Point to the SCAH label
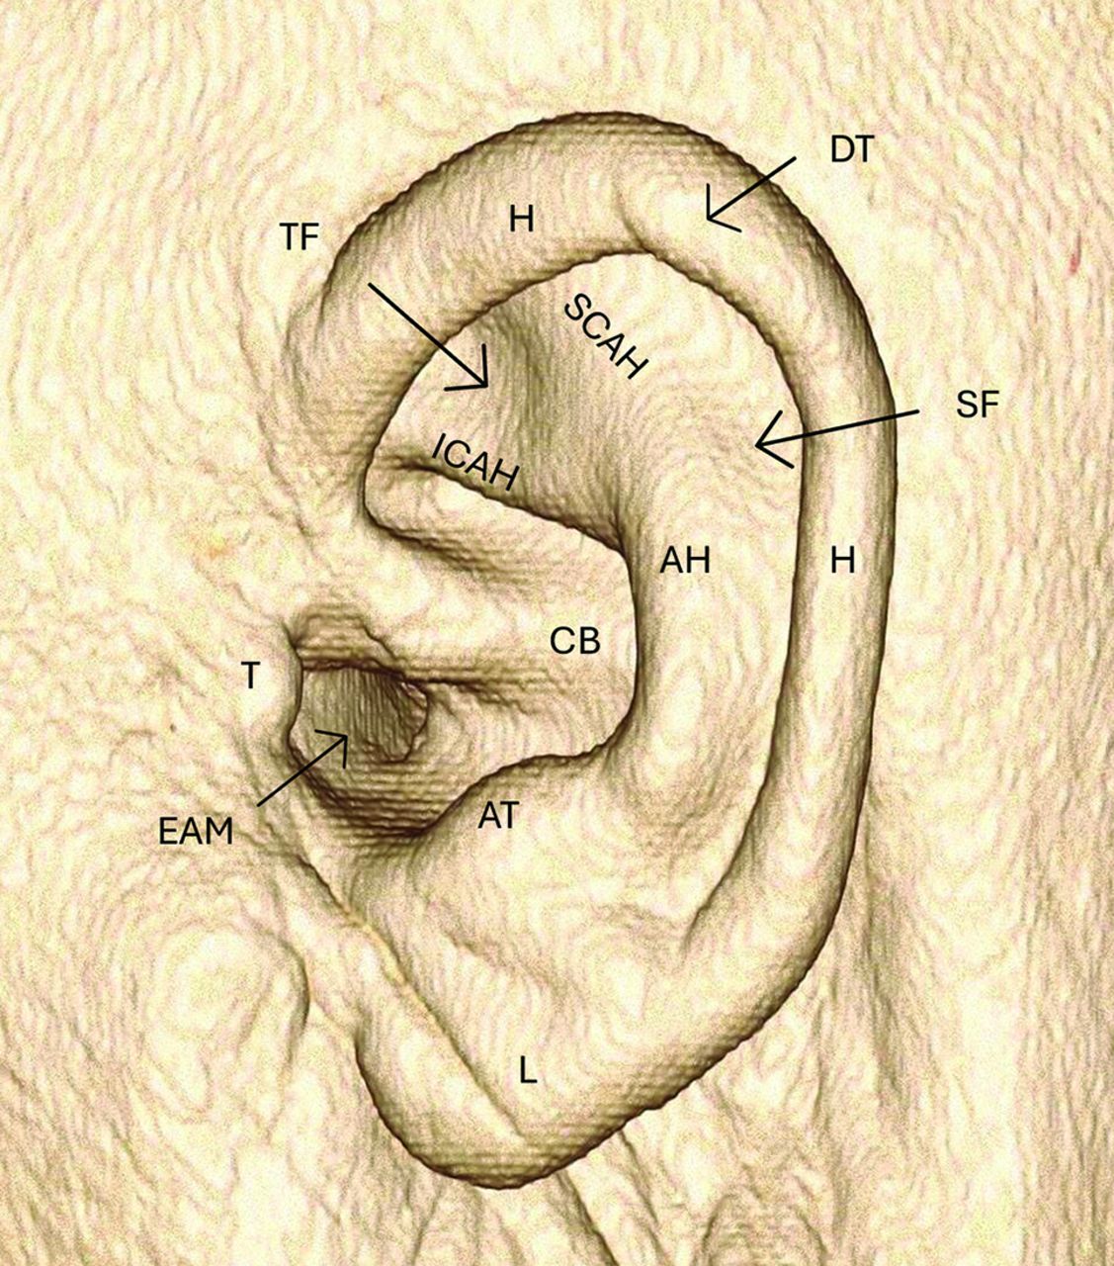pos(605,337)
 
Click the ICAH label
pos(475,465)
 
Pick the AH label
pos(686,562)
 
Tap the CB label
pos(575,641)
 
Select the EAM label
pos(196,832)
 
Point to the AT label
pos(500,816)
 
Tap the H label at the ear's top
pos(521,219)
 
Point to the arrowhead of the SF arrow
pos(759,442)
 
